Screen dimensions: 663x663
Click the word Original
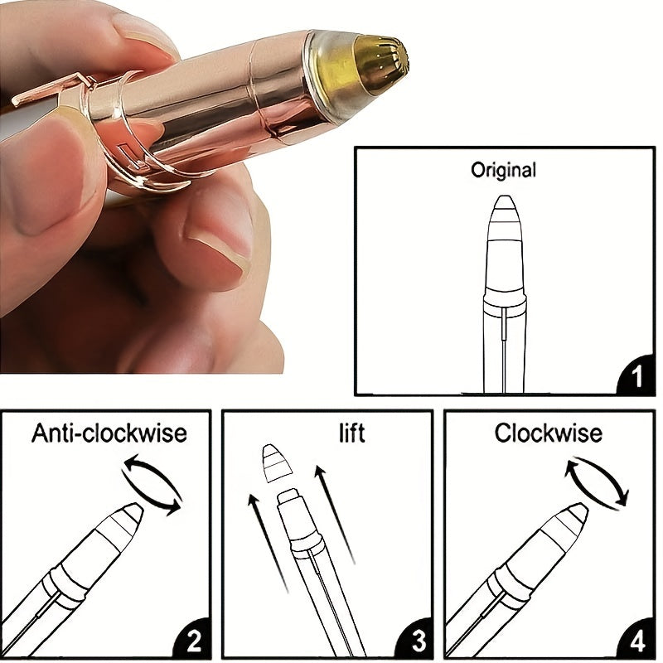(503, 171)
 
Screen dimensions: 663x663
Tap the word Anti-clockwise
(109, 433)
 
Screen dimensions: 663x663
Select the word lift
(351, 433)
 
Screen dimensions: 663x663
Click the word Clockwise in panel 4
(549, 433)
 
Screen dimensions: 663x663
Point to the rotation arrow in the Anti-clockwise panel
(152, 483)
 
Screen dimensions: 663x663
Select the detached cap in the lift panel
(275, 464)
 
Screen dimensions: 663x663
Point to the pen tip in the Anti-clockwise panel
(133, 514)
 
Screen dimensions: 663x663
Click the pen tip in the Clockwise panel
(577, 514)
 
